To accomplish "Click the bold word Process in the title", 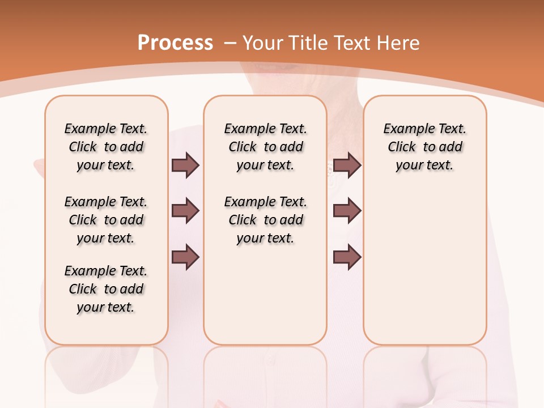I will [175, 43].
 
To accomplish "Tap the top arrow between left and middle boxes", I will [185, 165].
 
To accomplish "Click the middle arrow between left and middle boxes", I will [185, 211].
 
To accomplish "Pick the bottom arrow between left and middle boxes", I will [185, 257].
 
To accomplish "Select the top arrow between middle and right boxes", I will [347, 165].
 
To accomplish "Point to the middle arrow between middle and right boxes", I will [347, 211].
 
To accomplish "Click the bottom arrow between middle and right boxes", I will [347, 257].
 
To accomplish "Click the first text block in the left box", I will [106, 147].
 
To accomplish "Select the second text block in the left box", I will [106, 220].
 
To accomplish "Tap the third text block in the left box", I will [106, 289].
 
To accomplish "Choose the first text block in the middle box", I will [266, 147].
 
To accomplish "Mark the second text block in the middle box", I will [266, 220].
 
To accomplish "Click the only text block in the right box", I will [425, 147].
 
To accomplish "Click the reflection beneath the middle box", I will [265, 368].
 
